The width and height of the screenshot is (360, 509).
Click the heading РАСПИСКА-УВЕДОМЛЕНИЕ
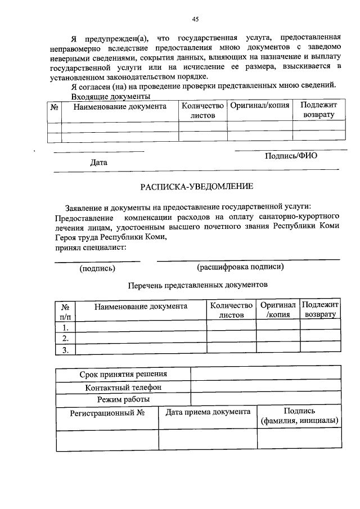pos(196,186)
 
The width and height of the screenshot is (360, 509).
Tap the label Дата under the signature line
pos(98,163)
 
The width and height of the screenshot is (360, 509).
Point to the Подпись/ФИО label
pos(291,156)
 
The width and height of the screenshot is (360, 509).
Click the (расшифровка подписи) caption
pos(240,267)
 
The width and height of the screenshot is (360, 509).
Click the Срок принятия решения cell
pos(123,374)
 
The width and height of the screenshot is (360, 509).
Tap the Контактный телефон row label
pos(123,387)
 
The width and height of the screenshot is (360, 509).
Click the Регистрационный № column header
pos(107,412)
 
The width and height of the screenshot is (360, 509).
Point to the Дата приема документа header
pos(208,412)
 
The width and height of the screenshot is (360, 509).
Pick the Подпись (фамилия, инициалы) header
pos(299,416)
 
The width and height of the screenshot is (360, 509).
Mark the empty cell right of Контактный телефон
pos(265,387)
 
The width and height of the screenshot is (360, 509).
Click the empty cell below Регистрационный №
pos(107,439)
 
